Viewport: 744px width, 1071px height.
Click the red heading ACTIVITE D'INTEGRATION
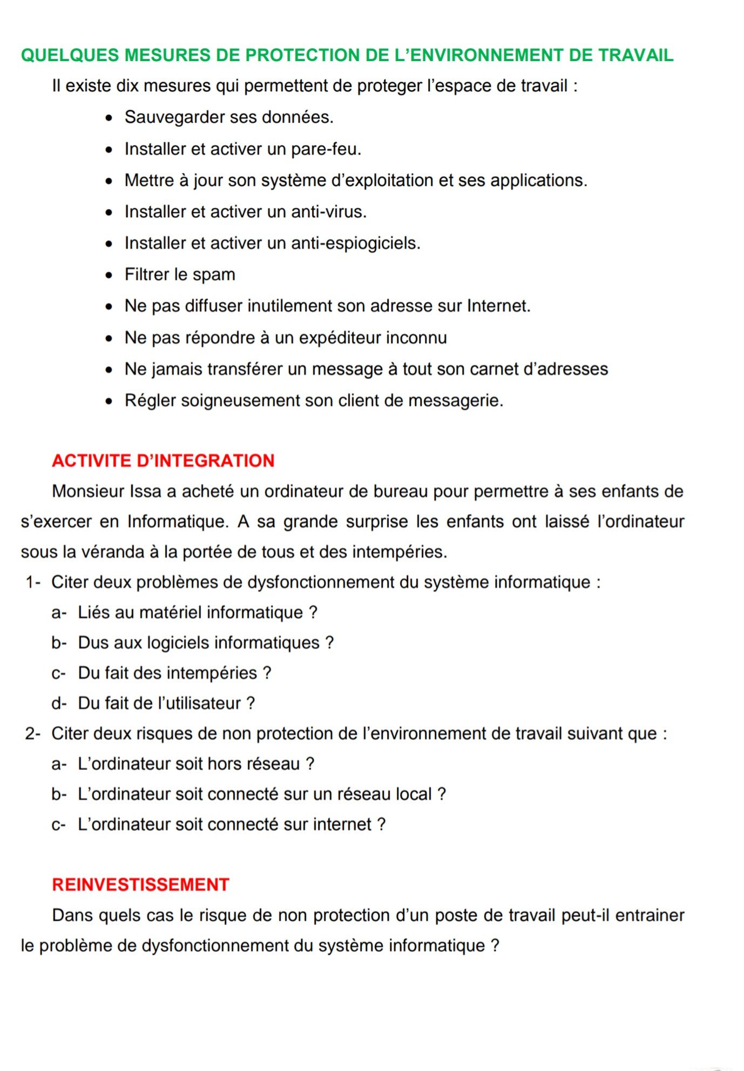(x=163, y=461)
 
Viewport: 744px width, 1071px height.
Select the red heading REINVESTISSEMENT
(x=140, y=885)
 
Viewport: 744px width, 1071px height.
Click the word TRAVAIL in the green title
(x=636, y=55)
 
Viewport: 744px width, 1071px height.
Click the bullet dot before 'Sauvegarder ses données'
(x=110, y=118)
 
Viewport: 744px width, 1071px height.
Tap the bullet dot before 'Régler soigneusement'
(x=110, y=401)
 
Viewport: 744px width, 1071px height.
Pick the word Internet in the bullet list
(x=498, y=306)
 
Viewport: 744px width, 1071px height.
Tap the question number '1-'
(x=33, y=582)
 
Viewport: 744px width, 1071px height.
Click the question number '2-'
(x=33, y=733)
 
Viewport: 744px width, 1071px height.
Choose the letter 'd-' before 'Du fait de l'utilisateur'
(x=59, y=703)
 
